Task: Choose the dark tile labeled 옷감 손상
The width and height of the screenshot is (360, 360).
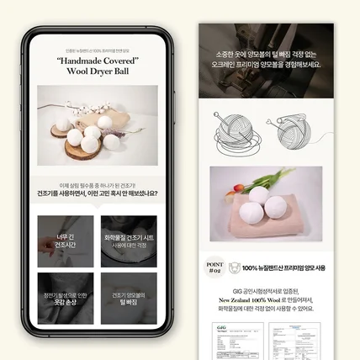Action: [x=66, y=298]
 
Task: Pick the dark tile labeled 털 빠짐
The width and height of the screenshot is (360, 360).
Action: [x=128, y=298]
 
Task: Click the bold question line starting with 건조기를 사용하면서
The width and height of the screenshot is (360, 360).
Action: [x=97, y=193]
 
